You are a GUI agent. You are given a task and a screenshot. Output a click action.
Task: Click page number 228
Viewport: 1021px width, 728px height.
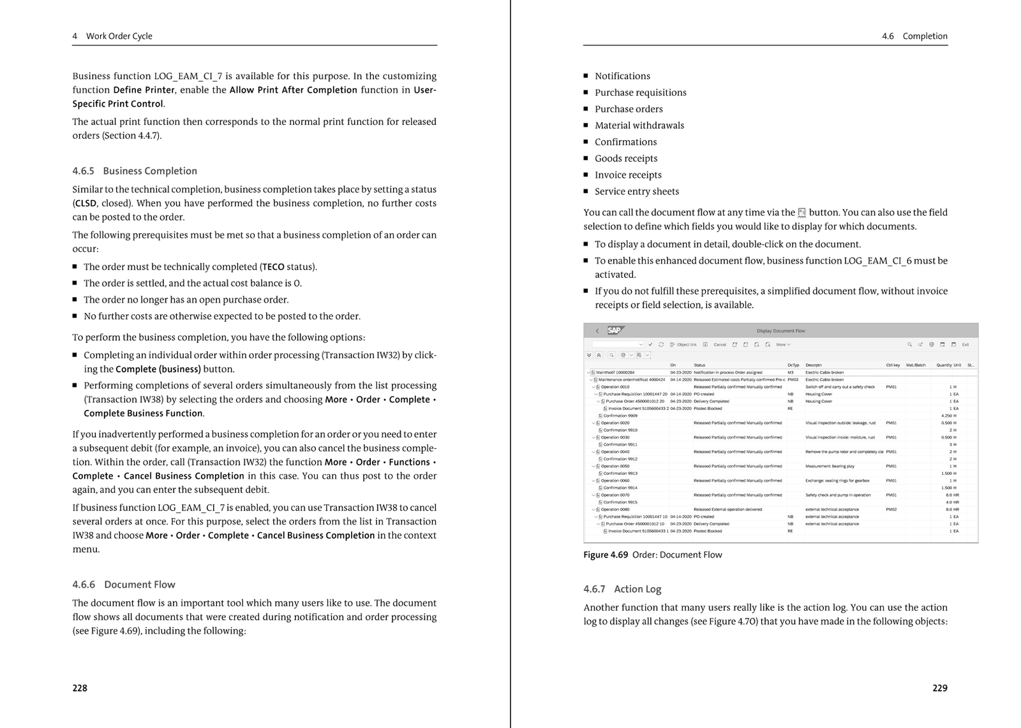(x=80, y=688)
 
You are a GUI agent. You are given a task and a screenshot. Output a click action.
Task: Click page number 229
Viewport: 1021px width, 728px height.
(x=939, y=688)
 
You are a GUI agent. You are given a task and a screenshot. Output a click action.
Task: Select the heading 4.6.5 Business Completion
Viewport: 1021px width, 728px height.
(x=135, y=171)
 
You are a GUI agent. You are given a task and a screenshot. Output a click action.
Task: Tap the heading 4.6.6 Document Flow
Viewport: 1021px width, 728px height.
(x=124, y=585)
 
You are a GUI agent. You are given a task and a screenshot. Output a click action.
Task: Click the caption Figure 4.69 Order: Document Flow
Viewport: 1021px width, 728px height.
(x=652, y=555)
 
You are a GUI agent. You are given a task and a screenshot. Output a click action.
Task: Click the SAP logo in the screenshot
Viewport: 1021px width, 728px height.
(x=614, y=330)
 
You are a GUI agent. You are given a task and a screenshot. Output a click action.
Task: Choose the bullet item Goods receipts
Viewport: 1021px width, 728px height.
(x=626, y=158)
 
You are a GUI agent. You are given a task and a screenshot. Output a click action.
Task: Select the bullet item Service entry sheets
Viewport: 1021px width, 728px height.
(x=637, y=191)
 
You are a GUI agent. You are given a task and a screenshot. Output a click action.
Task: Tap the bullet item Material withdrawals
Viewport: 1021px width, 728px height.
(x=639, y=126)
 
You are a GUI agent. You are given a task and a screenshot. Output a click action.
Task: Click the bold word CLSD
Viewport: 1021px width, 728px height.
(x=86, y=203)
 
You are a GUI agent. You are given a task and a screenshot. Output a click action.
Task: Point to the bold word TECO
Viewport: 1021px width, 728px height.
(x=273, y=267)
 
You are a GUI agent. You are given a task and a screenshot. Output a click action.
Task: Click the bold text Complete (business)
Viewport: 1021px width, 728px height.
(x=158, y=369)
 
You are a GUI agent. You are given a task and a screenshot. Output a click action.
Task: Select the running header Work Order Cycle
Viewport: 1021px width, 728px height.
(x=119, y=36)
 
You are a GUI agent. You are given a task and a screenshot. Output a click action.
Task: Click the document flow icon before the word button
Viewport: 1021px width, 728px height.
(x=802, y=213)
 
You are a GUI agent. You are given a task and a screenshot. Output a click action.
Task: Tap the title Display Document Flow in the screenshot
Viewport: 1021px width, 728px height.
(x=780, y=331)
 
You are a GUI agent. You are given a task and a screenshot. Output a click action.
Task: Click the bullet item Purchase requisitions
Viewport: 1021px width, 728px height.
(x=641, y=92)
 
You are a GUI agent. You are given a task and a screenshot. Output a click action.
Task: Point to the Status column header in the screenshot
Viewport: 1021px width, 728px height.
(x=699, y=365)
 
